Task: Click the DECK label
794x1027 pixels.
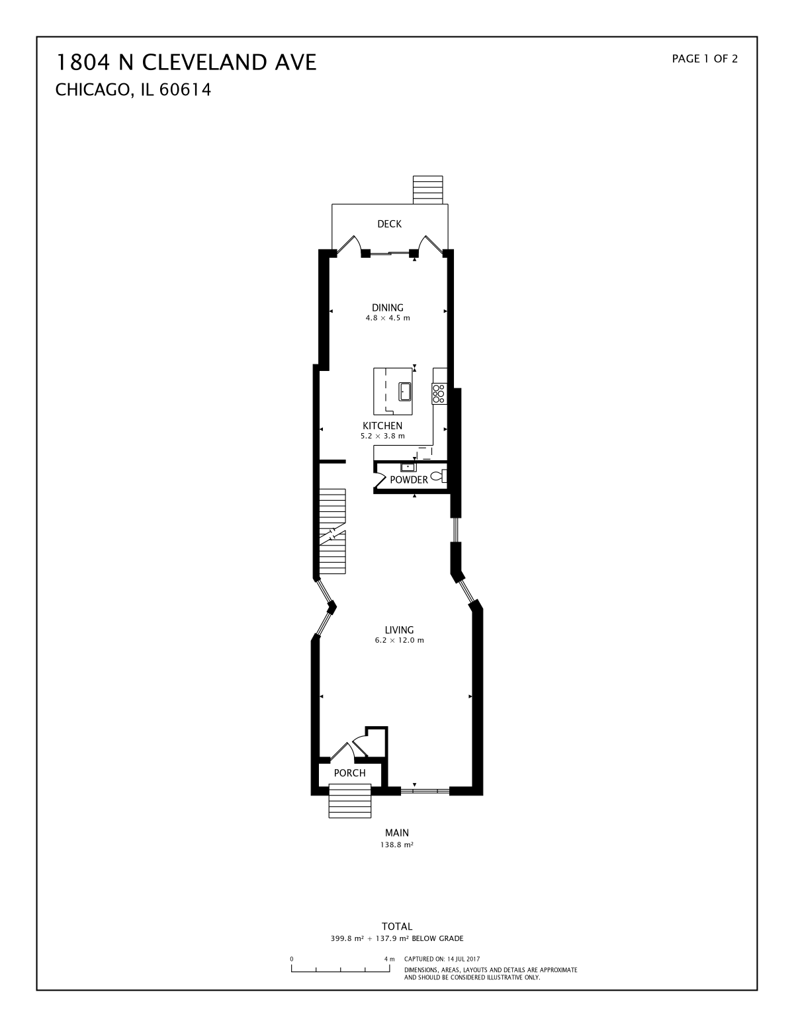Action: pyautogui.click(x=389, y=224)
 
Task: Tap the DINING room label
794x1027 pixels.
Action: pyautogui.click(x=387, y=308)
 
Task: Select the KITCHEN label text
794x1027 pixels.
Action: pyautogui.click(x=382, y=425)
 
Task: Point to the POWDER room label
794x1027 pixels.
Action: pyautogui.click(x=409, y=479)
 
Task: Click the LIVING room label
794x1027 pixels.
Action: pyautogui.click(x=399, y=630)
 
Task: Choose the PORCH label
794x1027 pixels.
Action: pyautogui.click(x=349, y=773)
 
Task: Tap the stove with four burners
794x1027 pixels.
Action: pyautogui.click(x=439, y=393)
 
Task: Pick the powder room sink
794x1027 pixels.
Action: pyautogui.click(x=408, y=467)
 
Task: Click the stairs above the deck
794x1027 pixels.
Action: pyautogui.click(x=428, y=190)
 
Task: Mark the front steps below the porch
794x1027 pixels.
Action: pyautogui.click(x=350, y=801)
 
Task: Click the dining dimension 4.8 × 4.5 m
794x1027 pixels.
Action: pyautogui.click(x=387, y=318)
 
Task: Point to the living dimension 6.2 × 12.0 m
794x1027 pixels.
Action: pyautogui.click(x=399, y=640)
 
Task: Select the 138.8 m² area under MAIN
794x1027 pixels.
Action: pyautogui.click(x=397, y=844)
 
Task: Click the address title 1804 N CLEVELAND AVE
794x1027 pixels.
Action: pyautogui.click(x=187, y=62)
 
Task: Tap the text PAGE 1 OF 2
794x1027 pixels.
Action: pyautogui.click(x=705, y=59)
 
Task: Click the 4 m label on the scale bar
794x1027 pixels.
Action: pyautogui.click(x=389, y=959)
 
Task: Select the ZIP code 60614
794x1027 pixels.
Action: pyautogui.click(x=185, y=90)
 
